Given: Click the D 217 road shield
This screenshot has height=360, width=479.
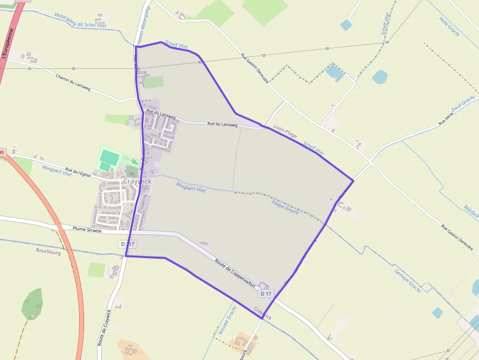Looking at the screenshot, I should pyautogui.click(x=128, y=244).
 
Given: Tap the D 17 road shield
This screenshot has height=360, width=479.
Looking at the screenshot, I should pyautogui.click(x=266, y=294).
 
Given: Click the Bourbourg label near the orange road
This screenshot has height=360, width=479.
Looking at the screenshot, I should pyautogui.click(x=48, y=253).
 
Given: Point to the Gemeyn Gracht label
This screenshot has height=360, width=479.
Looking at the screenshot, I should pyautogui.click(x=408, y=280).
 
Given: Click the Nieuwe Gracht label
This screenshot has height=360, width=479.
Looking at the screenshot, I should pyautogui.click(x=227, y=320).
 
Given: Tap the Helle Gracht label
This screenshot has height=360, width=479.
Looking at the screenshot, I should pyautogui.click(x=450, y=27).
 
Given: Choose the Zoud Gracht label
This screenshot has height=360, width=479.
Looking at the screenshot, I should pyautogui.click(x=462, y=103).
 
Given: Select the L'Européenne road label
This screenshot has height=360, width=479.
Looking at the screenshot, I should pyautogui.click(x=10, y=44).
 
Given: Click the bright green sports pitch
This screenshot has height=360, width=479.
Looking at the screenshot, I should pyautogui.click(x=109, y=157).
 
